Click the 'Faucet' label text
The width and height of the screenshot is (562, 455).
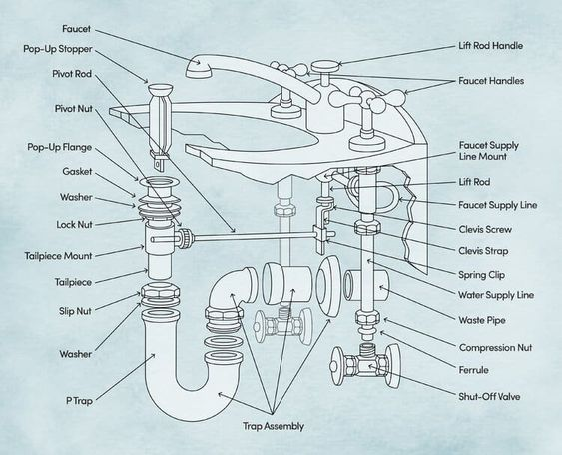click(x=76, y=29)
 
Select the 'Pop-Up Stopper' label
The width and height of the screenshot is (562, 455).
click(x=58, y=49)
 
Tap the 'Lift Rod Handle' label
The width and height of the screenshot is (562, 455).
click(x=491, y=46)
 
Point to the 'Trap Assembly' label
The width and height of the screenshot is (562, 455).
click(x=274, y=426)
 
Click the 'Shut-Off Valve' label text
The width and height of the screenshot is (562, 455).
click(x=489, y=397)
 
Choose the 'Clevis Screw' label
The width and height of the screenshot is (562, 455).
click(x=485, y=229)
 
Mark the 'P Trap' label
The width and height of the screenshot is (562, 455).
click(x=79, y=400)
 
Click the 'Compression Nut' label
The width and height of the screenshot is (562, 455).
click(x=496, y=348)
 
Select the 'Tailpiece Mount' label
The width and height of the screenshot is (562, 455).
click(x=59, y=256)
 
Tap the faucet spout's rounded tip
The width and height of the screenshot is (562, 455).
click(x=198, y=67)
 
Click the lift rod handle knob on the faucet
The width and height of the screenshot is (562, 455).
click(x=324, y=67)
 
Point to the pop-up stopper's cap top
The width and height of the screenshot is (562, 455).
click(x=160, y=89)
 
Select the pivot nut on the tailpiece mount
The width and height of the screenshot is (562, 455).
click(x=185, y=238)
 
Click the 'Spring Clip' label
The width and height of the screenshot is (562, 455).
click(x=482, y=275)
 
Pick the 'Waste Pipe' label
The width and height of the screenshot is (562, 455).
click(x=482, y=320)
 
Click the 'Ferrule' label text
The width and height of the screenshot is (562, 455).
click(x=474, y=370)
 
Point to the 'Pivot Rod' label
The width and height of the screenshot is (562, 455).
click(x=72, y=74)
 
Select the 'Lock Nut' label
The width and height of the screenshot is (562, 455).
click(x=74, y=225)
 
